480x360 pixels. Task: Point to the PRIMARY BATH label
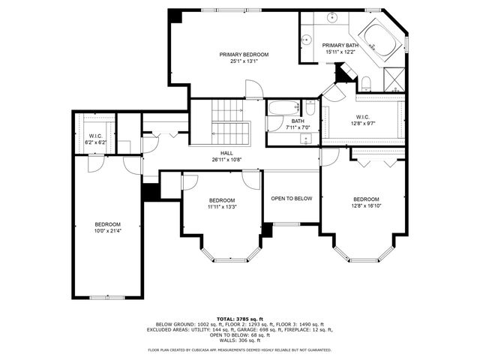(x=341, y=49)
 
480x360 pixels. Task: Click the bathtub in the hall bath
(x=283, y=108)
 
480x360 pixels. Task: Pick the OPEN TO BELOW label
(x=292, y=198)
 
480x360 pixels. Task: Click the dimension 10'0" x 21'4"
(x=107, y=232)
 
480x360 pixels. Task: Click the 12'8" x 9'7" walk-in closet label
(x=362, y=121)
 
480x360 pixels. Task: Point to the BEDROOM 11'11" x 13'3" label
(x=222, y=203)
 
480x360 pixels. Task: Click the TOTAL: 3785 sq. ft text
(x=240, y=319)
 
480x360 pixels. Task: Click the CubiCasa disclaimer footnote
(x=240, y=349)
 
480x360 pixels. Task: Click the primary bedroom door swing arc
(x=255, y=91)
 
